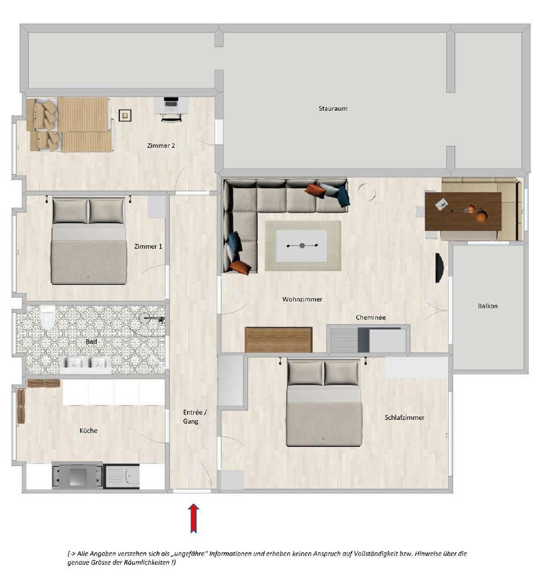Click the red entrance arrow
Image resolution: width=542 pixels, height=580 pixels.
click(x=193, y=518)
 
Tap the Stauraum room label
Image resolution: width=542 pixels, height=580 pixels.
click(x=333, y=109)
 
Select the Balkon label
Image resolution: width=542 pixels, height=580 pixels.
click(x=488, y=306)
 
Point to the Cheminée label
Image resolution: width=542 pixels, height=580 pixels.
click(x=371, y=318)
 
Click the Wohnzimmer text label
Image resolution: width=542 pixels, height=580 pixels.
click(x=302, y=300)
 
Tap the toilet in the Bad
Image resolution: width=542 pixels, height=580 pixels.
click(x=48, y=317)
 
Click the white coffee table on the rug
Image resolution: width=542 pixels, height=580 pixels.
click(x=301, y=246)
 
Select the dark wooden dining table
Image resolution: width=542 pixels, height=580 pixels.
click(x=463, y=212)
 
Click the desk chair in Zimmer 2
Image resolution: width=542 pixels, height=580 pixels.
click(x=171, y=117)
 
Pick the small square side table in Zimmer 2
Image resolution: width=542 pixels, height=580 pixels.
click(x=125, y=116)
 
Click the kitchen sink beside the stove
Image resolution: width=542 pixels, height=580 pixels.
click(x=121, y=476)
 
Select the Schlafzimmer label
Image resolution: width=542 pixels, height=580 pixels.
click(x=404, y=418)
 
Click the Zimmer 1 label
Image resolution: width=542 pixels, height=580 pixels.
click(x=148, y=246)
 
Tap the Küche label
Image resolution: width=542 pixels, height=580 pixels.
click(x=88, y=430)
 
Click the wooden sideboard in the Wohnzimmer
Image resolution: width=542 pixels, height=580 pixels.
click(x=278, y=340)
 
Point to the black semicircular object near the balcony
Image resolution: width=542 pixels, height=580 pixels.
click(x=440, y=268)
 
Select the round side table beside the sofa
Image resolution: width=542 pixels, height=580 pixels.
click(x=367, y=192)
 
